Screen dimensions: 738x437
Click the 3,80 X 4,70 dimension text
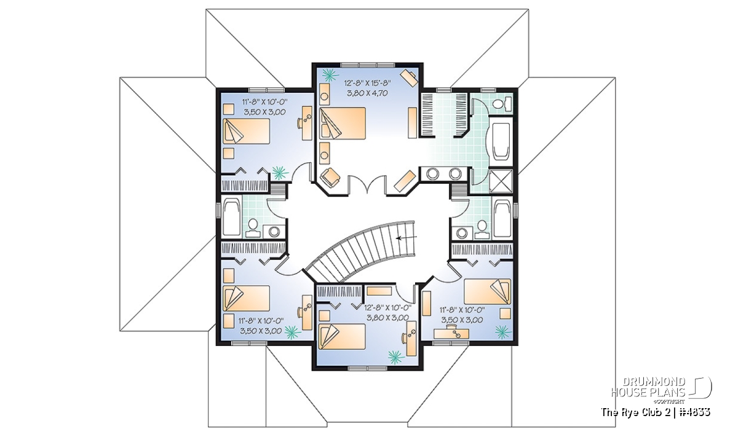[x=367, y=93]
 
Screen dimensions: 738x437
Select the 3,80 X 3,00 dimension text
[x=388, y=318]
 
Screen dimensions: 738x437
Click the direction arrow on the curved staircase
[x=407, y=237]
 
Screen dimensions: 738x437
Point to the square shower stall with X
[x=501, y=181]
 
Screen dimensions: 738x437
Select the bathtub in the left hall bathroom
[x=232, y=217]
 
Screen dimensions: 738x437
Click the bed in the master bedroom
[x=343, y=123]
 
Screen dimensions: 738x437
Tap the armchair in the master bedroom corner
[x=330, y=178]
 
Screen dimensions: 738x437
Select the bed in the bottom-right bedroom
[x=487, y=291]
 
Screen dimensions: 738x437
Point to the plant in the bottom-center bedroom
[x=395, y=356]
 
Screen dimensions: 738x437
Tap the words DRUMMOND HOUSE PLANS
[x=648, y=387]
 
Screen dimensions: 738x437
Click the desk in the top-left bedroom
[x=307, y=123]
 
